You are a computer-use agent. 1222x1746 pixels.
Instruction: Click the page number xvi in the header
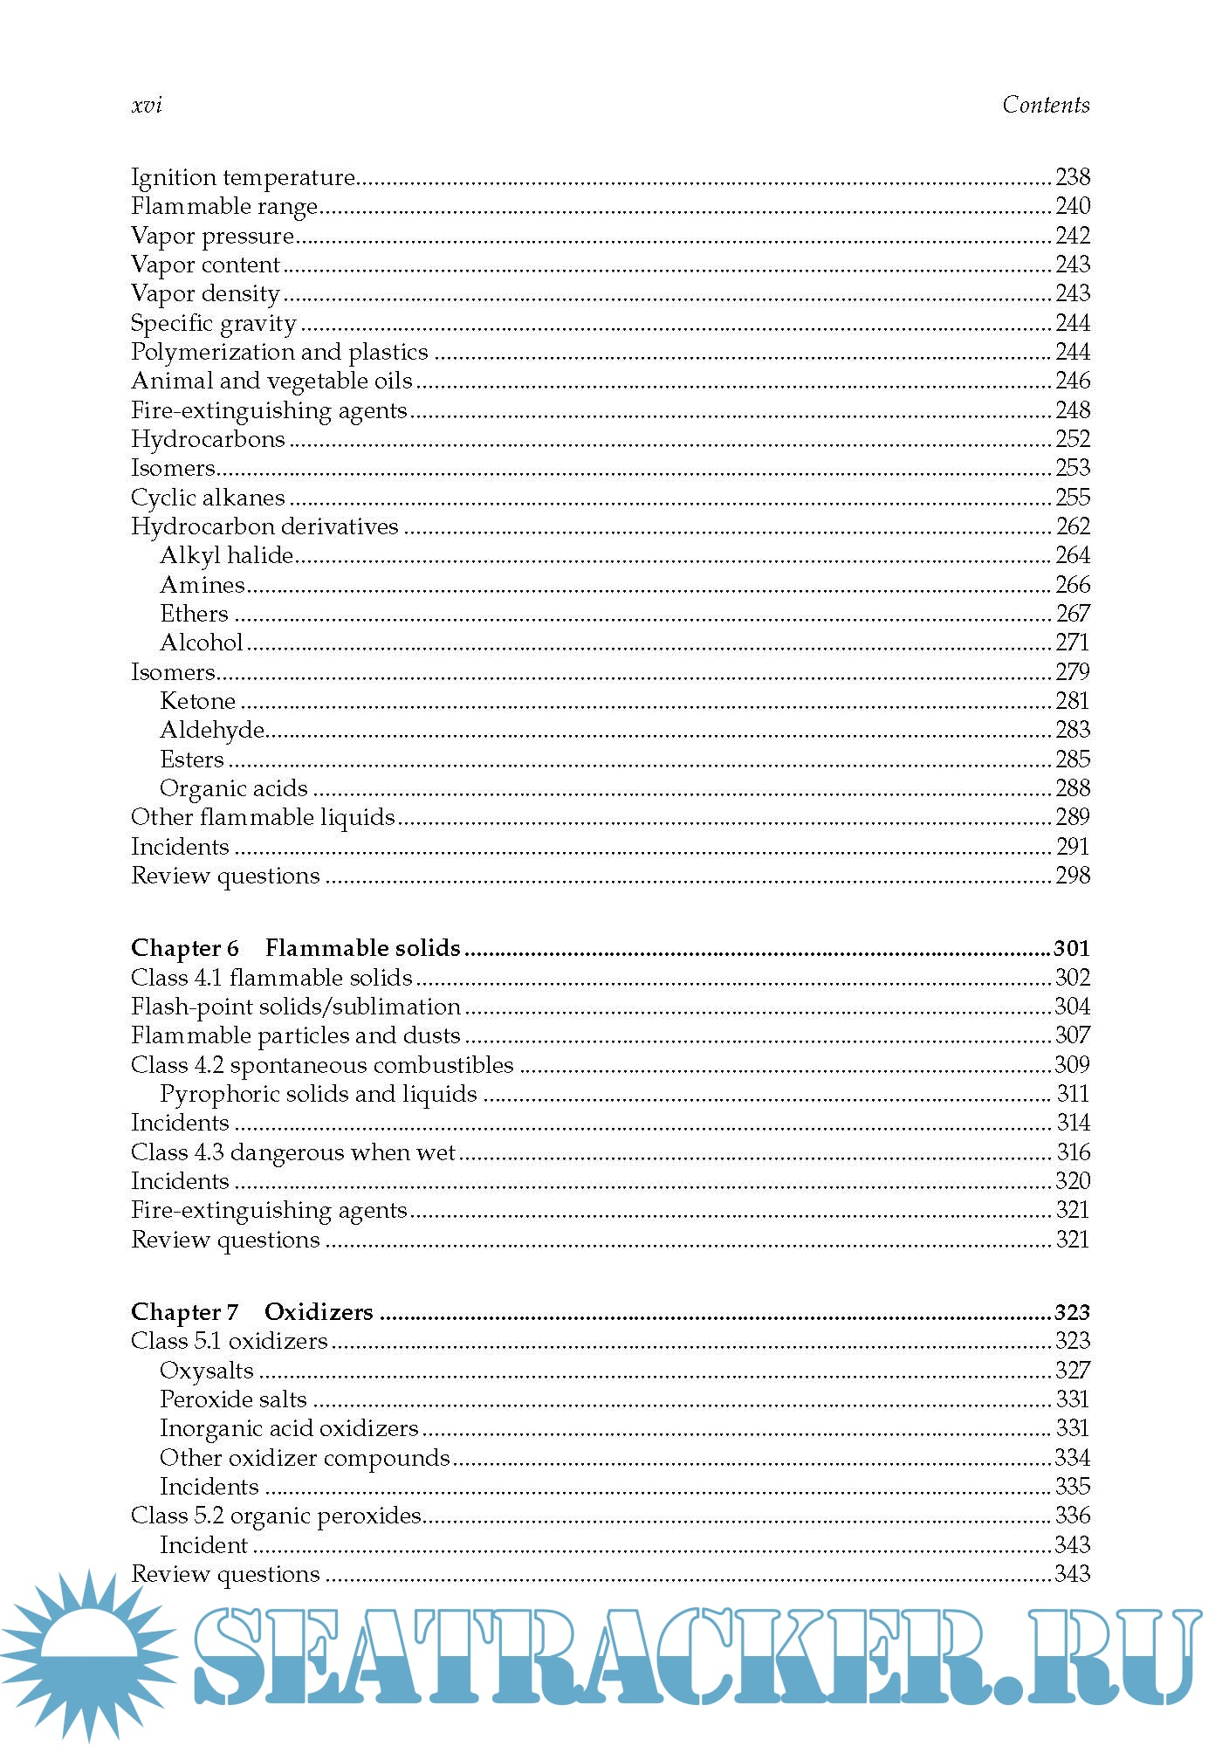[x=147, y=106]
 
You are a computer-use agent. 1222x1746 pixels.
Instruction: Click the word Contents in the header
[x=1045, y=106]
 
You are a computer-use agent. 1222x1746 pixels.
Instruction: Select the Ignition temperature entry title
[x=243, y=177]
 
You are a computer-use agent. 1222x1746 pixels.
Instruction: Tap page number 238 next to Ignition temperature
[x=1072, y=177]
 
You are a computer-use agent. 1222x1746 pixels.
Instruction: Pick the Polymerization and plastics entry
[x=279, y=352]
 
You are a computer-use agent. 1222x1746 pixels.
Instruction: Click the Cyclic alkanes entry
[x=208, y=498]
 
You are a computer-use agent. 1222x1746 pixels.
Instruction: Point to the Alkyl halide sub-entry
[x=226, y=555]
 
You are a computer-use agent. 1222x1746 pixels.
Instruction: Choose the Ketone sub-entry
[x=197, y=701]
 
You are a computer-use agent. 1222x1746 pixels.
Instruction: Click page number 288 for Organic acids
[x=1072, y=788]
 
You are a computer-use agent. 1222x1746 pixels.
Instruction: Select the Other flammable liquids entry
[x=263, y=817]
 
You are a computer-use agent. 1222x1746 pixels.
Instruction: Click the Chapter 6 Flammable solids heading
[x=295, y=948]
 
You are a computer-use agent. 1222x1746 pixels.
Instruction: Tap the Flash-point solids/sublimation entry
[x=295, y=1007]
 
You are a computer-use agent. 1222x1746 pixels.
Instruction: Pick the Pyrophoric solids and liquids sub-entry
[x=318, y=1094]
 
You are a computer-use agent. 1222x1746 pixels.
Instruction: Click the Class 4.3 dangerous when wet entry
[x=293, y=1152]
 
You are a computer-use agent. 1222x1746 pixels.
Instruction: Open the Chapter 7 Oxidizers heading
[x=251, y=1312]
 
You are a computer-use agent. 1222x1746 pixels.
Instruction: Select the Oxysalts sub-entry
[x=206, y=1371]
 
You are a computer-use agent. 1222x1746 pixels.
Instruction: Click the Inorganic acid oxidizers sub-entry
[x=289, y=1428]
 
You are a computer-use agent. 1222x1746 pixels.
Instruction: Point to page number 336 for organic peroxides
[x=1072, y=1516]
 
